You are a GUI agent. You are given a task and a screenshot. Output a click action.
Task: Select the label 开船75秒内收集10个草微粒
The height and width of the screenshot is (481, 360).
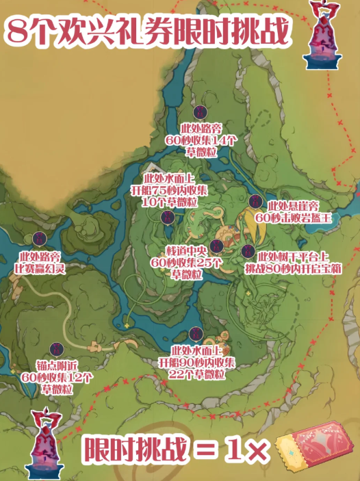tap(169, 191)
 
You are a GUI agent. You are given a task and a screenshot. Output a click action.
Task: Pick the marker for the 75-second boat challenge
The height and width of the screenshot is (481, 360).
tap(166, 218)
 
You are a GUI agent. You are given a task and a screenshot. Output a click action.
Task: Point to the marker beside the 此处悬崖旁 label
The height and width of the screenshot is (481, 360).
tap(255, 200)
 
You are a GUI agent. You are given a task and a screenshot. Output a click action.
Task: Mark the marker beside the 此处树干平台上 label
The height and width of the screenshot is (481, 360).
tap(248, 251)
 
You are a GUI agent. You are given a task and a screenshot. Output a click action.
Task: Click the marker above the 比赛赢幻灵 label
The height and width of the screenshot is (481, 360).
tap(40, 239)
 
